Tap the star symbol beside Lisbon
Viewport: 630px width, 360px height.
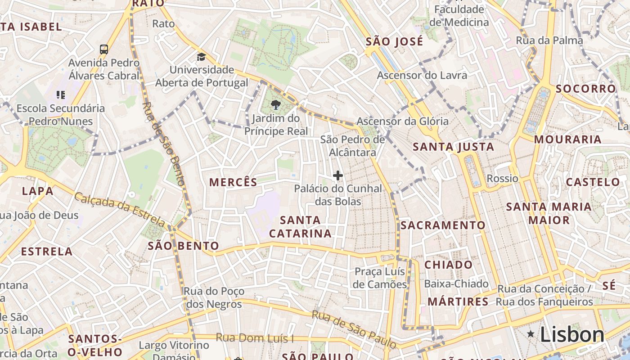tap(531, 334)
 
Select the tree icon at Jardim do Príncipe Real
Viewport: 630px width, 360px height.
tap(275, 105)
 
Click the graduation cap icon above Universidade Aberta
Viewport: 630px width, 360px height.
tap(201, 57)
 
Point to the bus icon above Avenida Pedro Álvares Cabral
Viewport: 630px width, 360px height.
tap(104, 49)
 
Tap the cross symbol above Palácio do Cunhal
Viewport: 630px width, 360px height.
tap(338, 175)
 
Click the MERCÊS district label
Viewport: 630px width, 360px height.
tap(233, 182)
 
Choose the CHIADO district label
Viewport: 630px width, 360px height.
tap(448, 265)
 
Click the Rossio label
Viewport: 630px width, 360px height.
tap(502, 178)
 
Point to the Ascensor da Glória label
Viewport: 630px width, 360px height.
tap(402, 121)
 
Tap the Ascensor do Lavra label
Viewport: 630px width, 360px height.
tap(422, 75)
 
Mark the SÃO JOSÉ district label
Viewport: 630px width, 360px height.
tap(394, 42)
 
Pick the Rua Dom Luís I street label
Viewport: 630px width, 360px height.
tap(255, 337)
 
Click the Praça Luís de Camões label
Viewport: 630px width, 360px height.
tap(380, 278)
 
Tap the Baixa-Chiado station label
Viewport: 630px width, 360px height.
tap(456, 283)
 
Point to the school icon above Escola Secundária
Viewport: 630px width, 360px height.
tap(61, 94)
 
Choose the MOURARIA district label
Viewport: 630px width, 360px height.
tap(567, 139)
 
